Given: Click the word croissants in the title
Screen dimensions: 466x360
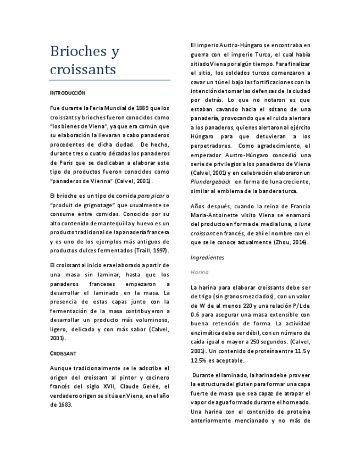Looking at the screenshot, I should pos(83,70).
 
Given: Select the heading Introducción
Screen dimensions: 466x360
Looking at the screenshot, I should pos(68,93).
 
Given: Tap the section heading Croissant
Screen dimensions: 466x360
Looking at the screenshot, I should pos(63,353).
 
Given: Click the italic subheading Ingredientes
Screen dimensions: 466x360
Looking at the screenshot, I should pos(207,257).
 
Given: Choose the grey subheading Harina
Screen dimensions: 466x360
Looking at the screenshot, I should pos(200,272).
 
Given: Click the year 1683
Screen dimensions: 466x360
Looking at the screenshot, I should pos(64,404).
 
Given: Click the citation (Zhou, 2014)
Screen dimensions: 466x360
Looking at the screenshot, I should pos(292,242).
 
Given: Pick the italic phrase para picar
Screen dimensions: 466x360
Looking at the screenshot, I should pos(151,196).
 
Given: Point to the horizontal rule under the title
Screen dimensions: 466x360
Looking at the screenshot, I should pos(110,80).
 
